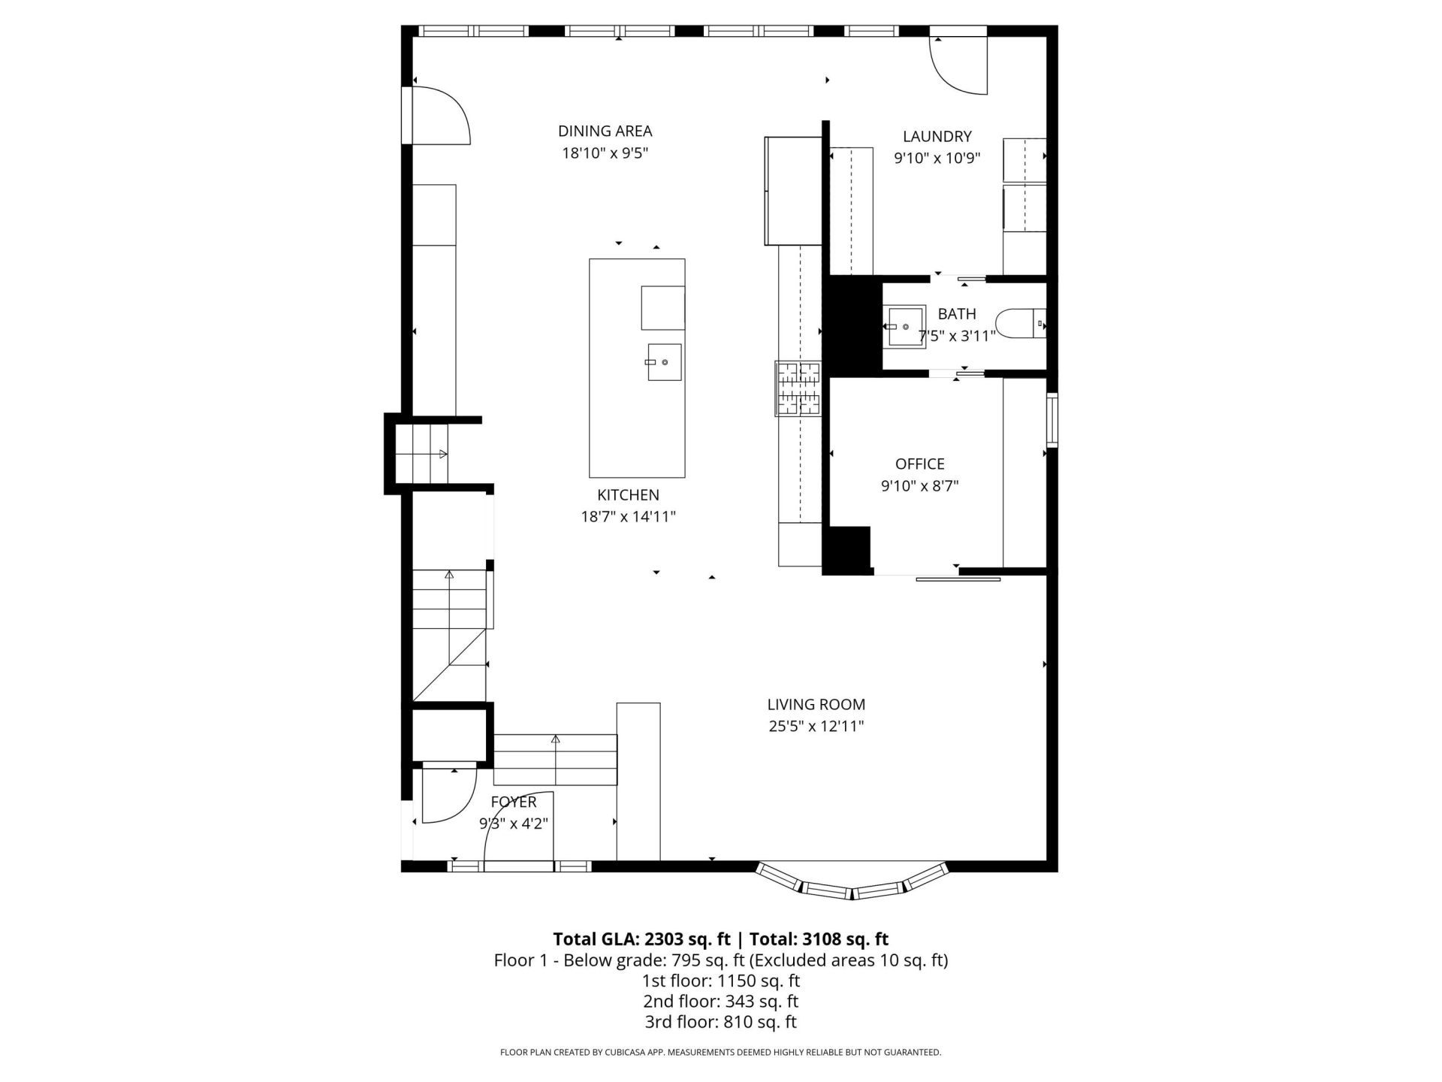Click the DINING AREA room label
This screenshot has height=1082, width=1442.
[605, 131]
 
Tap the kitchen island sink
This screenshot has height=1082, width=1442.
[664, 362]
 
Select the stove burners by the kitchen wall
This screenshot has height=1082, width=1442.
[798, 388]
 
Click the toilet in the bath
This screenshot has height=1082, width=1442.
[1019, 325]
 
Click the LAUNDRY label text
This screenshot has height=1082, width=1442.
[937, 136]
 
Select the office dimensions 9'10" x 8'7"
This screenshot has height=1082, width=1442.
[919, 486]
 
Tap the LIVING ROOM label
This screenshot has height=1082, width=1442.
[816, 705]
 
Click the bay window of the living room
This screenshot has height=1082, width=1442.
[852, 884]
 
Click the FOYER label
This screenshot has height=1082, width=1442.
[514, 802]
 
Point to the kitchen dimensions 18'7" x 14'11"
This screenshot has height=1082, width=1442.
[628, 517]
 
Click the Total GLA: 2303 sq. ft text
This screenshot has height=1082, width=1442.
[641, 939]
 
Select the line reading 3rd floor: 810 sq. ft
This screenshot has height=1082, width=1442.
[720, 1022]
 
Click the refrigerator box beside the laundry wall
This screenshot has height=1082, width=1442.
[793, 191]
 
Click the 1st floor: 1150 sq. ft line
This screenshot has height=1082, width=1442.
[720, 981]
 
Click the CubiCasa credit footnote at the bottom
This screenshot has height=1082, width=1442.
[720, 1053]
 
